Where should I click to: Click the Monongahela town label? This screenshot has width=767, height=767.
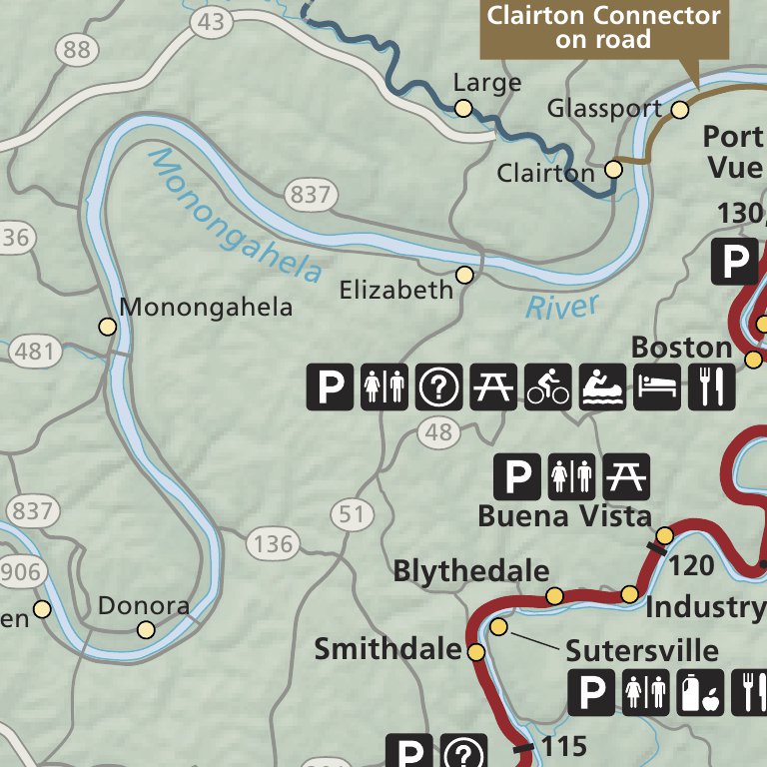click(x=206, y=307)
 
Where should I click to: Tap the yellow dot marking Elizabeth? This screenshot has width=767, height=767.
click(x=464, y=275)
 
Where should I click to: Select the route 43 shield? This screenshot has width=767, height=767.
click(x=211, y=22)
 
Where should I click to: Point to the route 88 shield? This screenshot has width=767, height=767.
click(x=75, y=48)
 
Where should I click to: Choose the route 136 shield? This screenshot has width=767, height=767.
click(x=273, y=544)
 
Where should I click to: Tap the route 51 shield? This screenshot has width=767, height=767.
click(x=351, y=515)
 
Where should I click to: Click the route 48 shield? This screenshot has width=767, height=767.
click(x=438, y=432)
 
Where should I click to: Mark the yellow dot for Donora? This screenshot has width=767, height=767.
click(x=147, y=629)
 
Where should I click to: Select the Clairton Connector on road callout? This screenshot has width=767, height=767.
click(x=602, y=28)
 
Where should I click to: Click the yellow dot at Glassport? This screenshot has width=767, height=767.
click(x=680, y=110)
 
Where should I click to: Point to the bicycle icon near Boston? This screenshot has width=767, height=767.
click(x=548, y=386)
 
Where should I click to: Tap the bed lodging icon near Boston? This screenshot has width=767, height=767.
click(x=657, y=386)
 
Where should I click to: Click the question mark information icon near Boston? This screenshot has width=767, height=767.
click(x=438, y=386)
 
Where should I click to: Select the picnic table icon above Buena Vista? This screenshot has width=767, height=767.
click(x=626, y=476)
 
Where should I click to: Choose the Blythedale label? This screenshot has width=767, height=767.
click(x=471, y=571)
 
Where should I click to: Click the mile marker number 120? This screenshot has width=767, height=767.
click(x=692, y=566)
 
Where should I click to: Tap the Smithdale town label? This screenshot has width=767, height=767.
click(x=387, y=650)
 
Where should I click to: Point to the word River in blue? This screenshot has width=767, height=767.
click(x=562, y=307)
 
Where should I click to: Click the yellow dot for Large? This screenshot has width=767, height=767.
click(x=463, y=108)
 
